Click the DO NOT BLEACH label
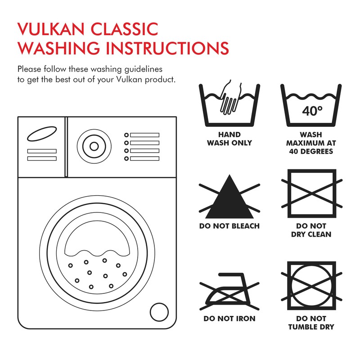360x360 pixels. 229,226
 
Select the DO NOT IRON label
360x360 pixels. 229,319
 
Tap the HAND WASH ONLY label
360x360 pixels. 229,139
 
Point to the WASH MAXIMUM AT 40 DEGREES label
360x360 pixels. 311,143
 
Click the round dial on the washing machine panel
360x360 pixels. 94,146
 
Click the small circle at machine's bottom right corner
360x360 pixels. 159,311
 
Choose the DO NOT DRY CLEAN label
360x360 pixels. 311,230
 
